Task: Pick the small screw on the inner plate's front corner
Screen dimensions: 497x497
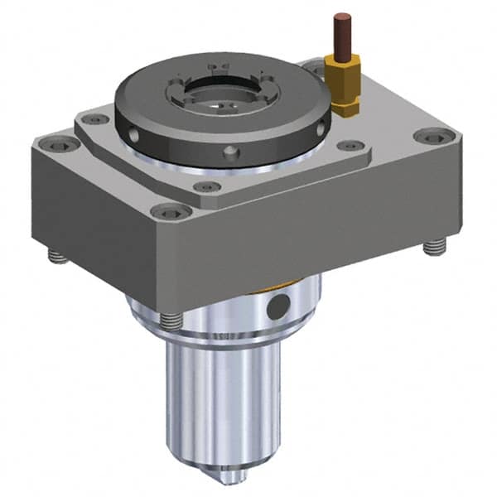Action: tap(207, 186)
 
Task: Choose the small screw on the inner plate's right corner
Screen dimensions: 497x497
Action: tap(345, 147)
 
